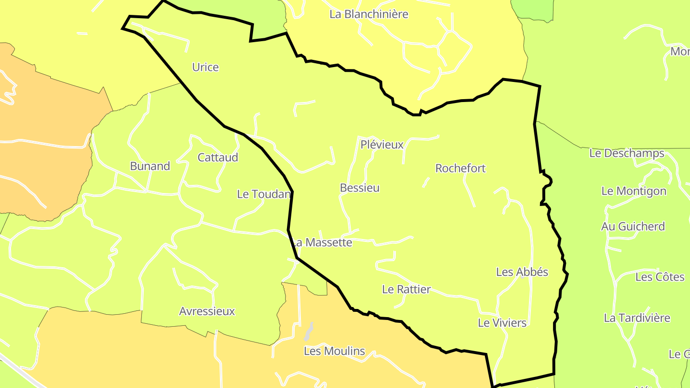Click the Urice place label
pos(205,67)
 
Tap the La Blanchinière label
pos(368,14)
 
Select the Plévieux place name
pos(382,144)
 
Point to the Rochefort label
pos(460,168)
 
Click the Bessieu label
pos(359,188)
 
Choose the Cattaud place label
pos(218,157)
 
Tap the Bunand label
pos(150,166)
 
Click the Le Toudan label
pos(264,194)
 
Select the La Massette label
pos(323,242)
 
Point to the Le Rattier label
pos(406,289)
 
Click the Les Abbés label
pos(522,272)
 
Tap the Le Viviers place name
pos(502,323)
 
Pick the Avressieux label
pos(207,311)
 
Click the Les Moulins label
pos(334,351)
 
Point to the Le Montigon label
pos(633,191)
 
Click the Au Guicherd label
pos(633,227)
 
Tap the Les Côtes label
pos(660,277)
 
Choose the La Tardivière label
pos(637,318)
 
